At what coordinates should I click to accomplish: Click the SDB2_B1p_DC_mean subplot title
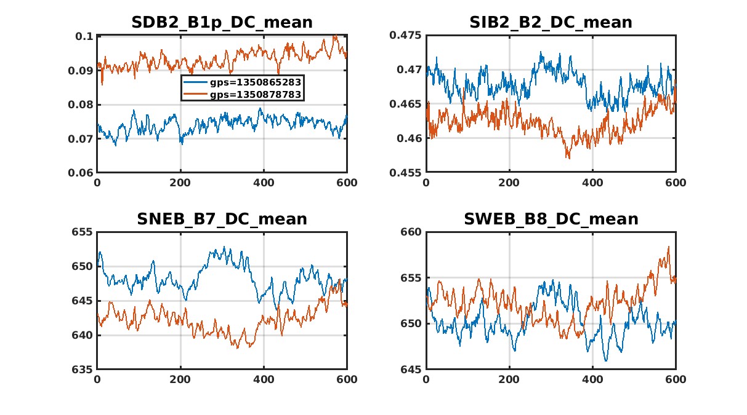[222, 23]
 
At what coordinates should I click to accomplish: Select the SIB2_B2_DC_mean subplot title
[551, 23]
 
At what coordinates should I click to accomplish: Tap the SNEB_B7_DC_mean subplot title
[222, 219]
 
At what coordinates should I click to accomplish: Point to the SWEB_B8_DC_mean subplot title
[551, 219]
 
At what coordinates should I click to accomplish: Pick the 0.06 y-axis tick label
[82, 173]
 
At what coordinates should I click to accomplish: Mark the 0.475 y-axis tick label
[408, 36]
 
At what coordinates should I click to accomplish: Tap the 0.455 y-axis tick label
[408, 173]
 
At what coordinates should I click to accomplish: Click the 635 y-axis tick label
[84, 370]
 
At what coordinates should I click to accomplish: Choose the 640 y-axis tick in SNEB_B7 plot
[84, 335]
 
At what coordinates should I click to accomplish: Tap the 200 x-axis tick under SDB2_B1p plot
[180, 183]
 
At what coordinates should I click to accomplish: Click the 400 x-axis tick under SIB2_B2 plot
[592, 183]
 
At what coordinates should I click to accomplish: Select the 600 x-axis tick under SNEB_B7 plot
[347, 379]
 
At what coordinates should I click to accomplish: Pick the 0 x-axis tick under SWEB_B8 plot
[426, 379]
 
